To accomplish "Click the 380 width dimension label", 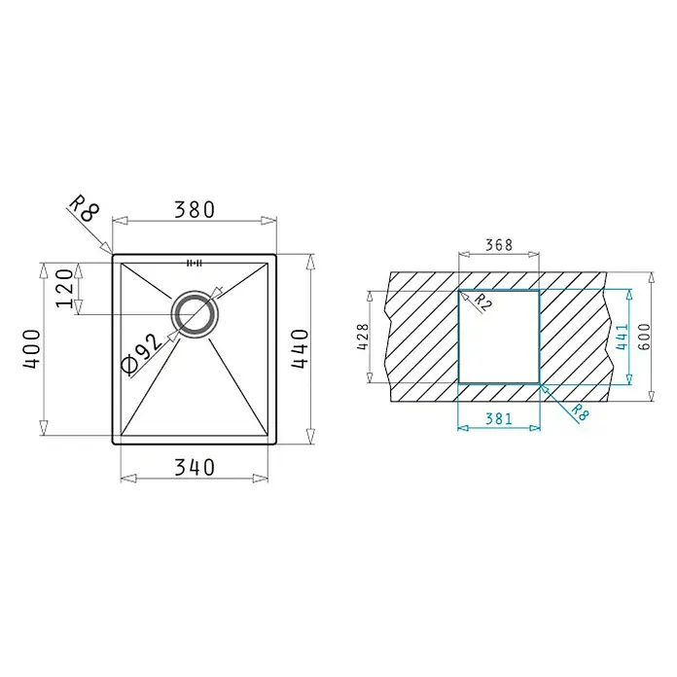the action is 195,210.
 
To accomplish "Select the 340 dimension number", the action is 195,467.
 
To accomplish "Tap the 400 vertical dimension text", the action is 32,349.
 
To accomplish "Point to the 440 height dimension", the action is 300,349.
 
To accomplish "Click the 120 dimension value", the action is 65,288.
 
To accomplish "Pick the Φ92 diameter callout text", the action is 142,353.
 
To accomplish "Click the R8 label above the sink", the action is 85,208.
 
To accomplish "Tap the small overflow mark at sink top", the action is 194,263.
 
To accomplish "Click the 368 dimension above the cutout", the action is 499,245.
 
